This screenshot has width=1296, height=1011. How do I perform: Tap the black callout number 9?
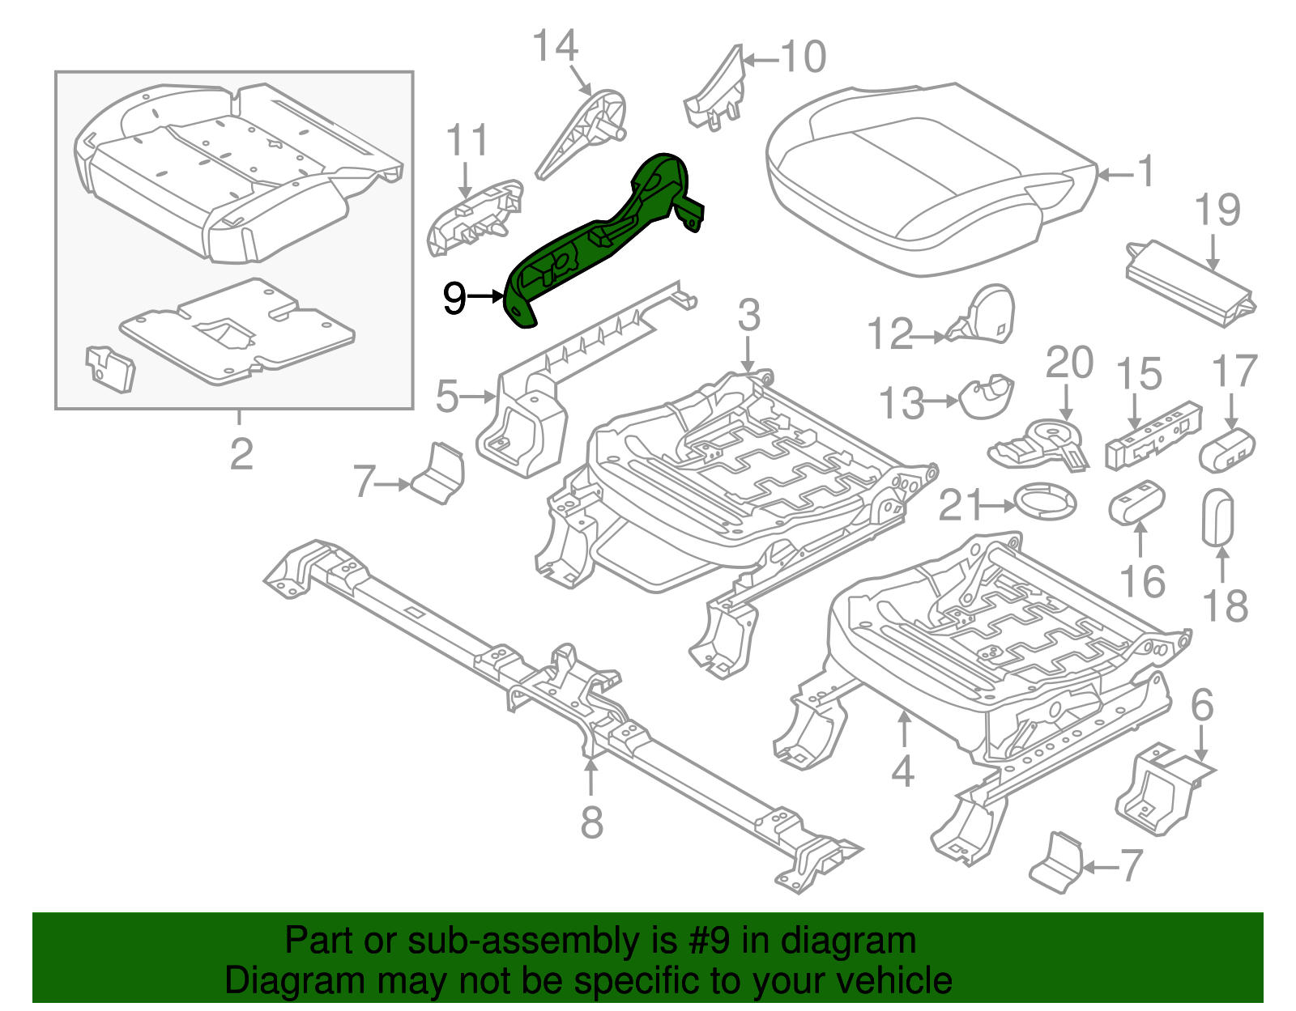(x=455, y=298)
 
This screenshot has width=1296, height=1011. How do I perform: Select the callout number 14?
(x=555, y=46)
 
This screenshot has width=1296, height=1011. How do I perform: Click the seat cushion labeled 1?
(x=923, y=178)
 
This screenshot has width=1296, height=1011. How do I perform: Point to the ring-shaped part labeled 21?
(x=1046, y=501)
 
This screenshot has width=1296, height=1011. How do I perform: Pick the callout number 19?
(x=1217, y=210)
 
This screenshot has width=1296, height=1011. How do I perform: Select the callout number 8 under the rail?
(x=592, y=822)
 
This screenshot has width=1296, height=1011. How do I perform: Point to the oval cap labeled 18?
(x=1217, y=516)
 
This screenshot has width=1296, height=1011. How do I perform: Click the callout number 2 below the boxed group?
(x=241, y=454)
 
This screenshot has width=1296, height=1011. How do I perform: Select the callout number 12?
(x=889, y=334)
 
